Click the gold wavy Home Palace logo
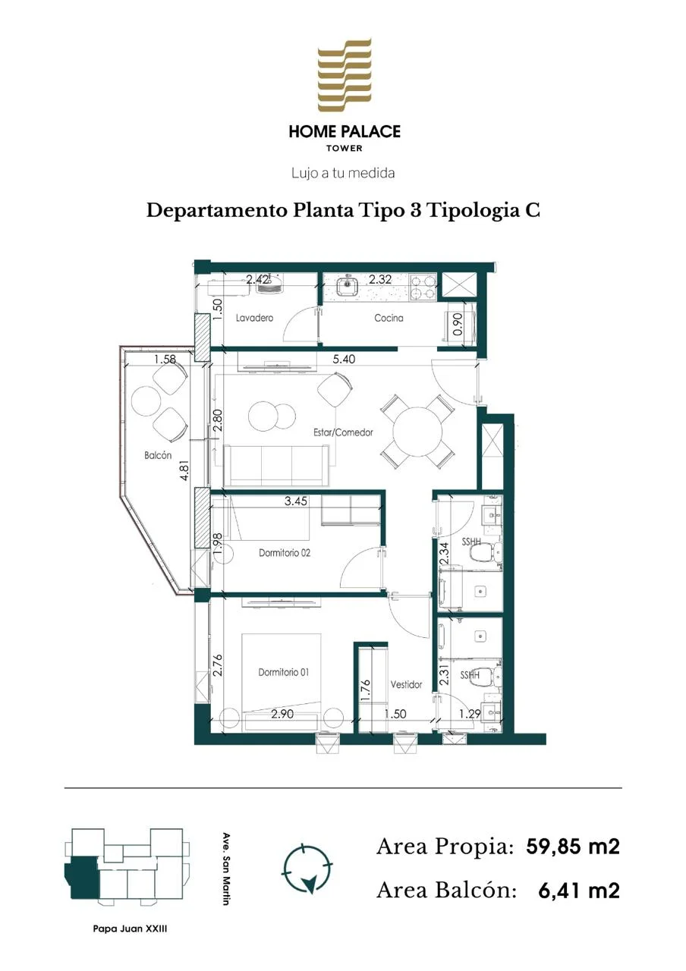345,74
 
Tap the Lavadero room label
254,318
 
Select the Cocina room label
389,318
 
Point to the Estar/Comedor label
343,432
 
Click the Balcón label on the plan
158,455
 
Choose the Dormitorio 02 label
285,553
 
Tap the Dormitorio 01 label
284,672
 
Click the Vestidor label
406,684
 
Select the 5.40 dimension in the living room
344,359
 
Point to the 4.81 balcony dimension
185,469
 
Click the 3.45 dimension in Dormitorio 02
296,501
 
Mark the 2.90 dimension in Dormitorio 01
282,713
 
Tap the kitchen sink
347,286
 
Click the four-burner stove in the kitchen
423,287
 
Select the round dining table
417,432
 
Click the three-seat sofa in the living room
275,466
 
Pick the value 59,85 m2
573,846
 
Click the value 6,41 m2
579,891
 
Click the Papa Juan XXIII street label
130,929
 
